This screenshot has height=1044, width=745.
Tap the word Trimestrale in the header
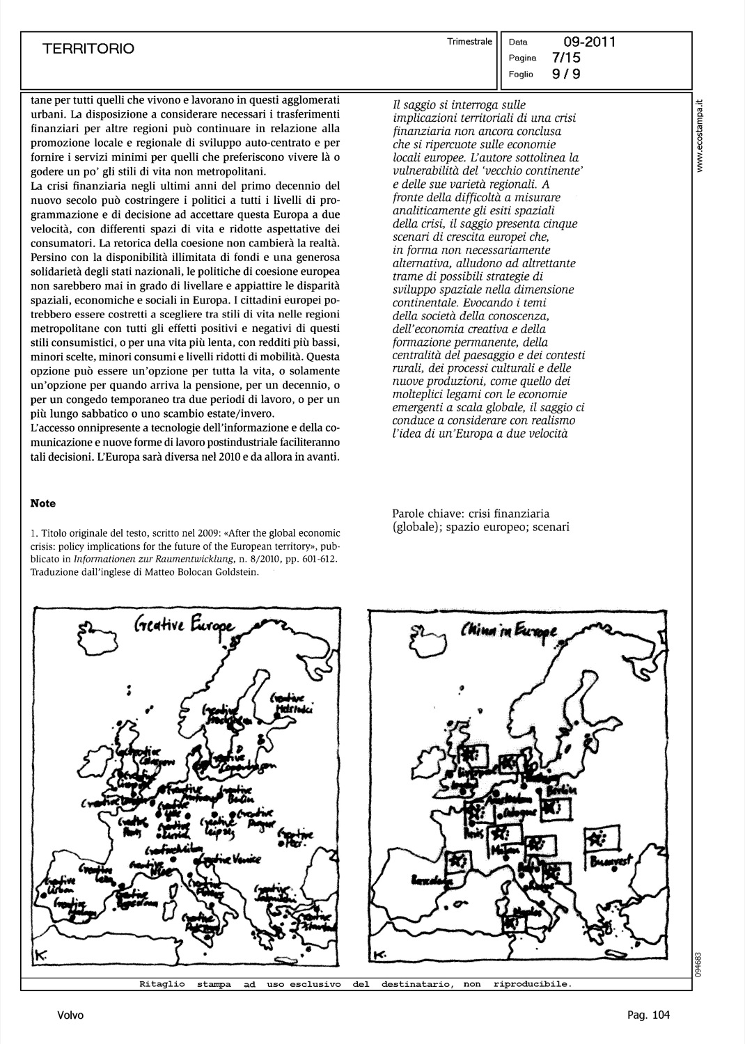(x=470, y=42)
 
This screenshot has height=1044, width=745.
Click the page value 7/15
(x=565, y=58)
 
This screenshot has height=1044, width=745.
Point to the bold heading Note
(x=43, y=503)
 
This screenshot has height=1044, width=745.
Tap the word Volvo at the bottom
(x=70, y=1015)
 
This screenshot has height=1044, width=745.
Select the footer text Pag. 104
(x=648, y=1015)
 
